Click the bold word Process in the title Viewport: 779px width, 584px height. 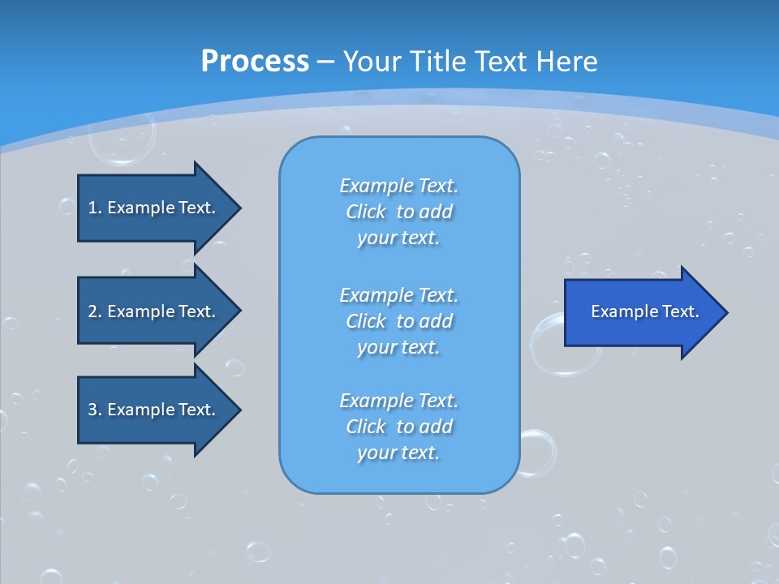tap(255, 61)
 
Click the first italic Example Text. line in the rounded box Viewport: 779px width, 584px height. tap(398, 186)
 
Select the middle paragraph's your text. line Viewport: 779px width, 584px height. tap(398, 347)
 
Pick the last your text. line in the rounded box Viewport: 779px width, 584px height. tap(398, 453)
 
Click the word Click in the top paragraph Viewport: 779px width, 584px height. tap(366, 212)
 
